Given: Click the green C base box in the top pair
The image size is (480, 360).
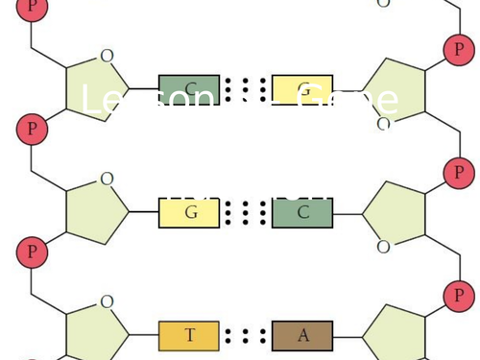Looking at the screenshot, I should (x=189, y=89).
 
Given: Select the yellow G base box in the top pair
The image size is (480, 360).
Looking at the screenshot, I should (x=302, y=89).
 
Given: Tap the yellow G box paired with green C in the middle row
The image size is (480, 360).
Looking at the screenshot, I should (x=189, y=211).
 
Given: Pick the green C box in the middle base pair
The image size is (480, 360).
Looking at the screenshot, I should (x=302, y=211).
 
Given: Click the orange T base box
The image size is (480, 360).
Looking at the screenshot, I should (x=189, y=335).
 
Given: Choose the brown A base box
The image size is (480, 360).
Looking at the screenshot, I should (x=302, y=335).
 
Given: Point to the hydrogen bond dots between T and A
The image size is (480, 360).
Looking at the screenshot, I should (x=246, y=335).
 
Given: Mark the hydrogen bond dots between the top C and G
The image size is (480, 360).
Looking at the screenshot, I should (x=246, y=89).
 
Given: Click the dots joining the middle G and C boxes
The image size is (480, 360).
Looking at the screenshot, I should (x=246, y=211).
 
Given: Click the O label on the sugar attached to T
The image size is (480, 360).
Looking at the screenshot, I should (x=107, y=301).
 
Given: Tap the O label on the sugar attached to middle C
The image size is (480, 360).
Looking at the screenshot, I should (x=384, y=247).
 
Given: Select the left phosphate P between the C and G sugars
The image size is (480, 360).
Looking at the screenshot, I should (x=33, y=129).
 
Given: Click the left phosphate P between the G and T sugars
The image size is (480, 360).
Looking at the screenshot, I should (x=33, y=252).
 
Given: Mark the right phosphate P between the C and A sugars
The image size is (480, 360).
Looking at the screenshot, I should (x=459, y=296).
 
